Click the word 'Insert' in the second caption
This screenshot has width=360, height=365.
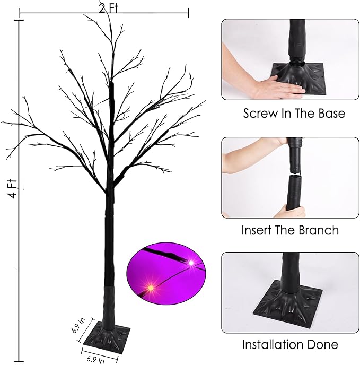257,230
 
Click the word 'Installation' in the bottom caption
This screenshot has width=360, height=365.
273,344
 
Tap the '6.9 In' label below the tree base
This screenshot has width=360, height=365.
96,359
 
